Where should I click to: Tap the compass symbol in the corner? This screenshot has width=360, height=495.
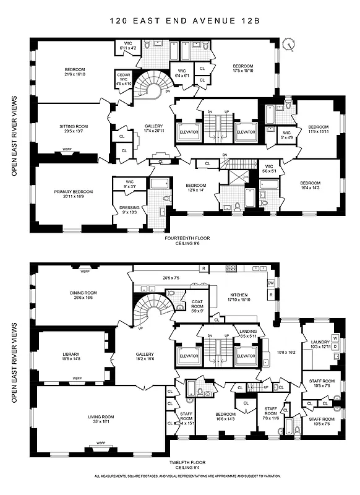coord(288,44)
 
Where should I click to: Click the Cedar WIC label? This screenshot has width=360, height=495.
coord(124,77)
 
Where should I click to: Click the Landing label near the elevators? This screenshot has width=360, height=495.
coord(247,333)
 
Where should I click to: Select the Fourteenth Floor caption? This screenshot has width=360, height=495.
coord(186,238)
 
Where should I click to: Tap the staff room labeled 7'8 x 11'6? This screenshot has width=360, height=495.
coord(270,411)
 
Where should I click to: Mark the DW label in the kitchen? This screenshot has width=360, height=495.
coord(270,283)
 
